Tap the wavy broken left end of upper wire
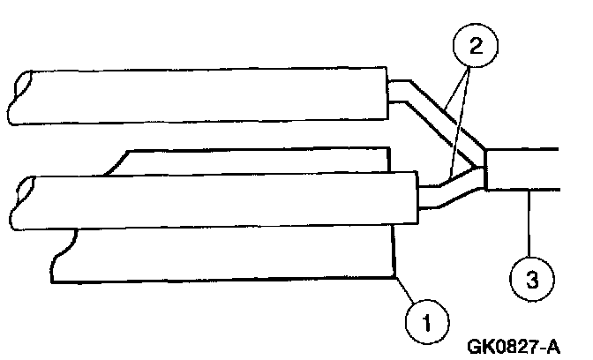[19, 95]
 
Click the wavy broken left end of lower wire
[19, 203]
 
